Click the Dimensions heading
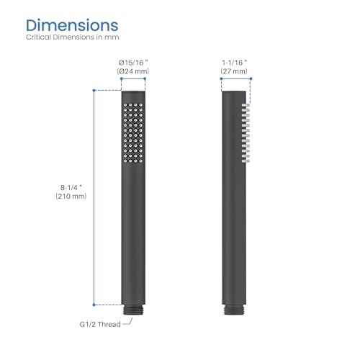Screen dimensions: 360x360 pyautogui.click(x=72, y=25)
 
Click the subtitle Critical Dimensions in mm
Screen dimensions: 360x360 pyautogui.click(x=73, y=37)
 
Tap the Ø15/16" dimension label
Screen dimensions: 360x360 pyautogui.click(x=133, y=63)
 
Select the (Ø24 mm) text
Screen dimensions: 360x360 pyautogui.click(x=133, y=71)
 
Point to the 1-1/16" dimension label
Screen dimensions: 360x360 pyautogui.click(x=235, y=63)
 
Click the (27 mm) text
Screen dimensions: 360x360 pyautogui.click(x=234, y=71)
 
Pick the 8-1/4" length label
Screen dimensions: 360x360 pyautogui.click(x=71, y=187)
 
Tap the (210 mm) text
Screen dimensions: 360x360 pyautogui.click(x=71, y=197)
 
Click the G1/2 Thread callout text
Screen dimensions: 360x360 pyautogui.click(x=100, y=324)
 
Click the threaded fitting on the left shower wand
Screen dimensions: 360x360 pyautogui.click(x=133, y=310)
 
